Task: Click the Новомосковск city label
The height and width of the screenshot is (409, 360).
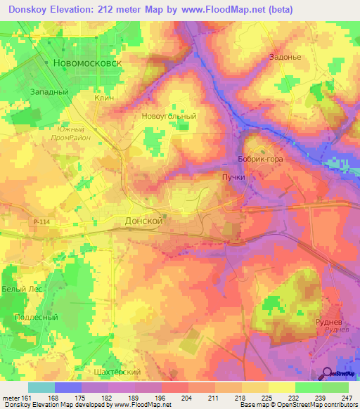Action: [x=87, y=63]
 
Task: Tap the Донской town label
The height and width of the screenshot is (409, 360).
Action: [x=143, y=220]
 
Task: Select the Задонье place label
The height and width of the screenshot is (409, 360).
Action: [x=285, y=58]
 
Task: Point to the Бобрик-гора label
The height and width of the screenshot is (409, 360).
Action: [x=260, y=160]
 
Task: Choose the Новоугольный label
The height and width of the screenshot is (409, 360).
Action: [x=169, y=116]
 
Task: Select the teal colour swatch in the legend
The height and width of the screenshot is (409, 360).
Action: [x=41, y=387]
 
